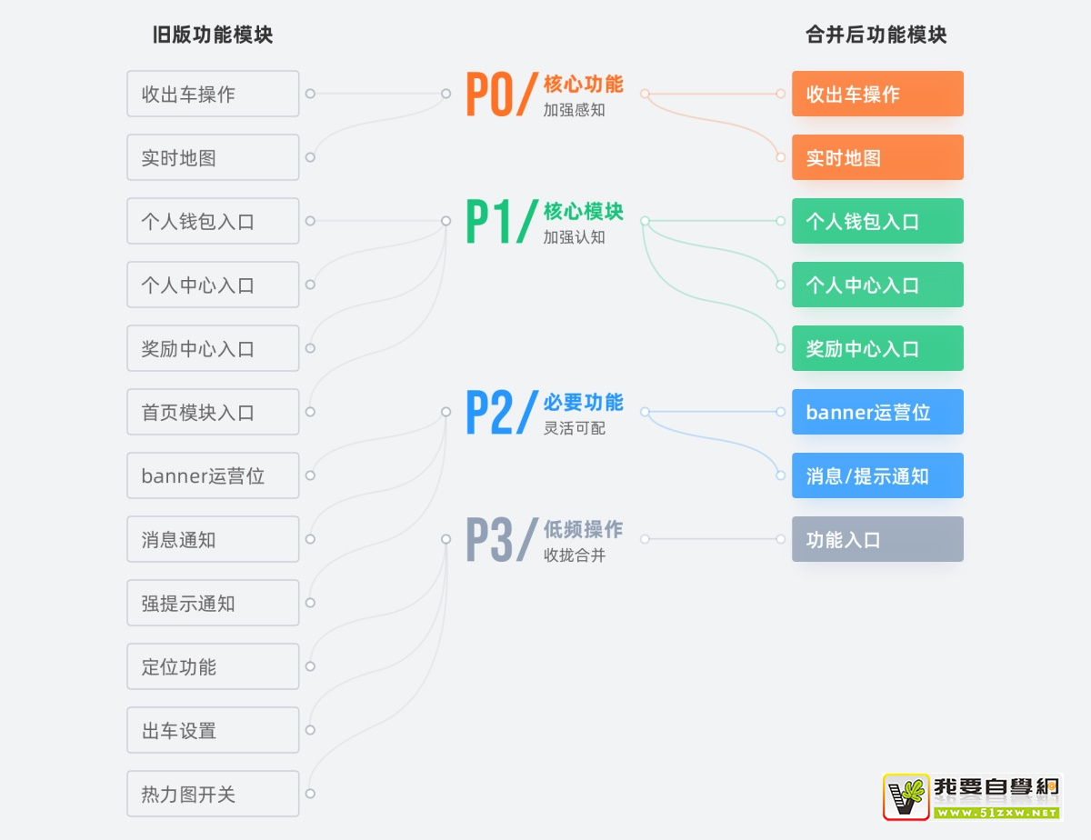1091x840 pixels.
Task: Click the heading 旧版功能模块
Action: (x=213, y=35)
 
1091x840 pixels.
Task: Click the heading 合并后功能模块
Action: (x=876, y=35)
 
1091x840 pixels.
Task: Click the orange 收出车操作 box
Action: (x=877, y=94)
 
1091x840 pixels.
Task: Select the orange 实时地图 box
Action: (x=877, y=157)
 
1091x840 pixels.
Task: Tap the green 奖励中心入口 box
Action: (x=877, y=348)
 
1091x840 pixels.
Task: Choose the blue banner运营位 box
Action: (x=877, y=412)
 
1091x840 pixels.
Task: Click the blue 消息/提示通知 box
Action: (x=877, y=475)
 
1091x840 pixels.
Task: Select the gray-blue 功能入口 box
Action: (x=877, y=539)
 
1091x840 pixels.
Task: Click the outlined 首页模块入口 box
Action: (x=213, y=412)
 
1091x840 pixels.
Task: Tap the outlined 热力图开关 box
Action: (x=213, y=794)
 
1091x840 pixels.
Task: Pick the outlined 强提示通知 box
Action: (x=213, y=603)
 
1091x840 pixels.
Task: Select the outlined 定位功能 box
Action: (x=213, y=666)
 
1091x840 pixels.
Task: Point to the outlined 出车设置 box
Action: (x=213, y=730)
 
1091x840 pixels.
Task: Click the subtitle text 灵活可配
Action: (x=574, y=428)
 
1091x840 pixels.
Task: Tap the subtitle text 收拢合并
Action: (x=574, y=555)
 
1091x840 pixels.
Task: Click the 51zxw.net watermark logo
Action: (x=972, y=797)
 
